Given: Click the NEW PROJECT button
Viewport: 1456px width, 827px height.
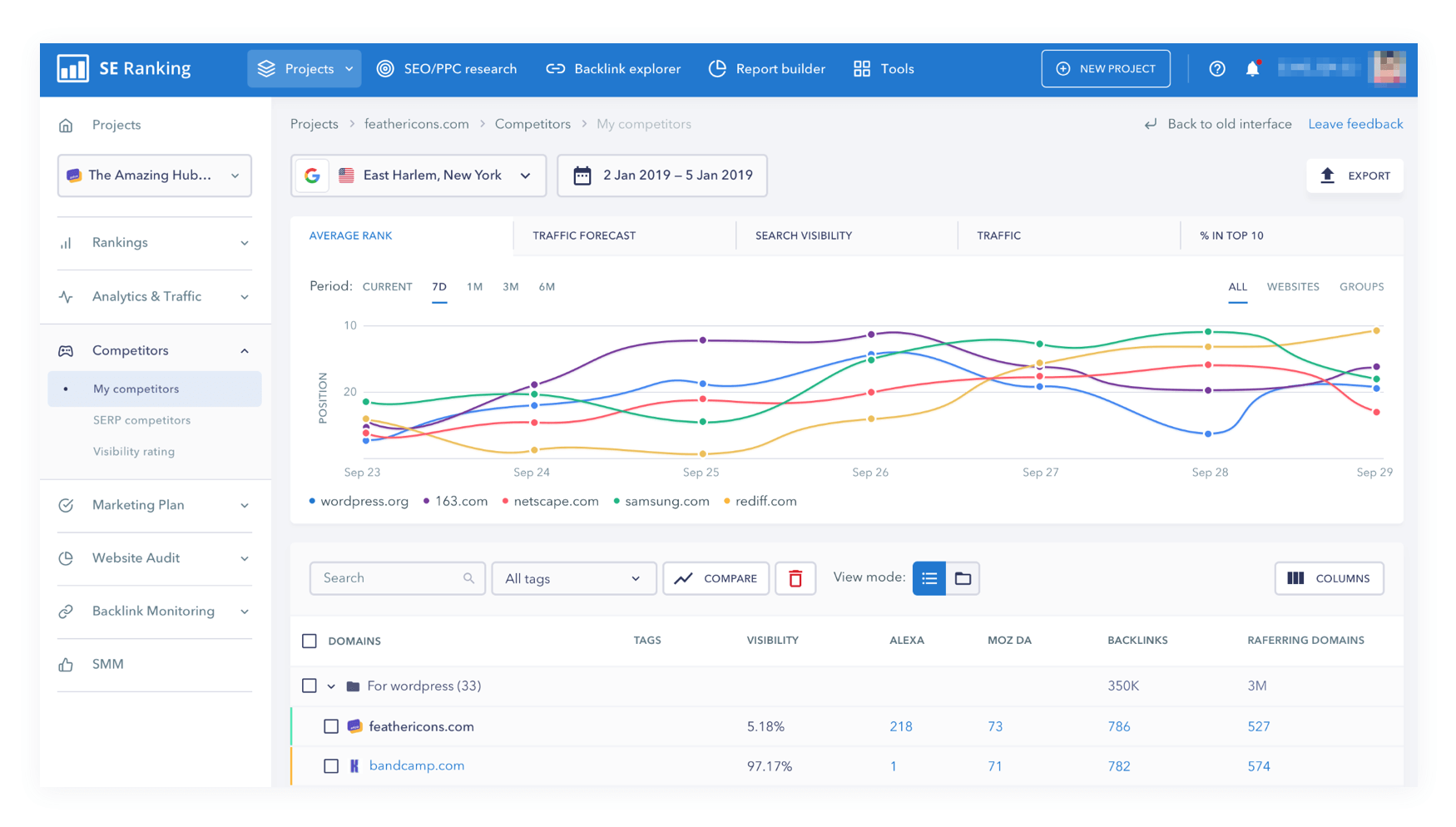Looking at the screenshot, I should click(x=1106, y=69).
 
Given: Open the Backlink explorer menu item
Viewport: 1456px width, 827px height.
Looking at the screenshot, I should click(x=613, y=69).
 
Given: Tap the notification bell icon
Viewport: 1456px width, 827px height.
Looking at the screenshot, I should click(x=1252, y=69).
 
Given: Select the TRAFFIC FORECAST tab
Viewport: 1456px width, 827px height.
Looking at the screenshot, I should click(x=584, y=235).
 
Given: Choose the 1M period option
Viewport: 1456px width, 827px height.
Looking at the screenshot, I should click(x=474, y=287).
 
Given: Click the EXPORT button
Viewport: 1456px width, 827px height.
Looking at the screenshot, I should click(x=1354, y=176).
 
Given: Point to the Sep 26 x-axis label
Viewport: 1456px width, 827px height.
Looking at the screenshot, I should click(x=870, y=473).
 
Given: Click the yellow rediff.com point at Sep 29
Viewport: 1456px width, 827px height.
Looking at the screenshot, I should click(x=1376, y=331).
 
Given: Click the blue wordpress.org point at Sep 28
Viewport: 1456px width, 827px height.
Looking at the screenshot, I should click(x=1208, y=433).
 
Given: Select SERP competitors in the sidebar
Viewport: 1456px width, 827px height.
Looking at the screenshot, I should click(x=141, y=420).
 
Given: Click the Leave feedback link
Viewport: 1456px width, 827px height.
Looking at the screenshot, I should click(x=1355, y=124).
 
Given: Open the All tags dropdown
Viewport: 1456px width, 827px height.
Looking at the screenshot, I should click(x=573, y=578).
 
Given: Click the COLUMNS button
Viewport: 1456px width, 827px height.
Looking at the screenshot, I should click(x=1329, y=578).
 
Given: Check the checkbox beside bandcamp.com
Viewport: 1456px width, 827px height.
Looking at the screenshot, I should click(x=331, y=766).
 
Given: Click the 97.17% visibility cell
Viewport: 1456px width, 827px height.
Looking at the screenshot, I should click(x=770, y=766).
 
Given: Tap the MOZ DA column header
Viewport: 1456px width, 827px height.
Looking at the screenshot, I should click(x=1009, y=641).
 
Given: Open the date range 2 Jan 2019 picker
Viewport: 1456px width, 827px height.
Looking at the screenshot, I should click(x=662, y=176).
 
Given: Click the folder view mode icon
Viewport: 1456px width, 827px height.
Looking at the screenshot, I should click(x=963, y=578).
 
